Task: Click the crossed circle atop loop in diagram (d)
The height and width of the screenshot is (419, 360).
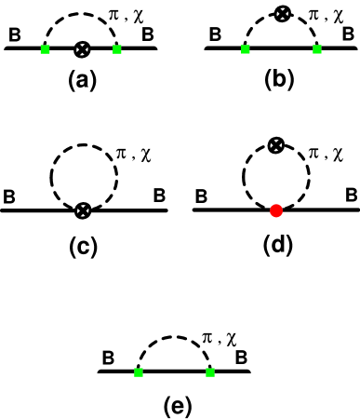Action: (x=275, y=144)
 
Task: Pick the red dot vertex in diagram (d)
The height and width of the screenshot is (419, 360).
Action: (x=275, y=211)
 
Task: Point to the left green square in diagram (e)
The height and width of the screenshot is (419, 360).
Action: (x=139, y=372)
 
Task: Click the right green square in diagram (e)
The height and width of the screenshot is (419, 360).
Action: (x=210, y=372)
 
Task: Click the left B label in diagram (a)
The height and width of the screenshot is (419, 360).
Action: (x=16, y=38)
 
